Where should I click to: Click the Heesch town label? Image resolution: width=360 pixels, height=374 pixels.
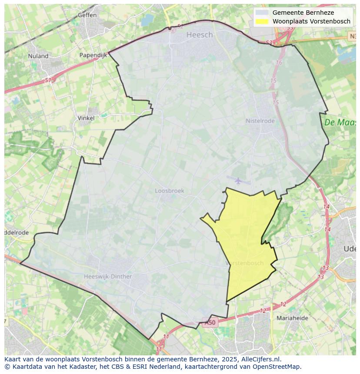click(200, 35)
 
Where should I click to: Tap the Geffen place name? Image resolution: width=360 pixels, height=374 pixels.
click(87, 15)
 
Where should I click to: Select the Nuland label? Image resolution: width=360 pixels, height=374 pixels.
click(38, 56)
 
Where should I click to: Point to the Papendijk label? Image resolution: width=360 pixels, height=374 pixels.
click(93, 55)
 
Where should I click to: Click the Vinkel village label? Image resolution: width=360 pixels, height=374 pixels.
click(86, 118)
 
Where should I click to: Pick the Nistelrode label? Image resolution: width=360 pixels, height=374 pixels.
click(260, 121)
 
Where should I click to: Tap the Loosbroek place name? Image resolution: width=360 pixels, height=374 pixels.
click(170, 191)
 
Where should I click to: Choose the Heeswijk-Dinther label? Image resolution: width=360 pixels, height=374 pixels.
click(108, 276)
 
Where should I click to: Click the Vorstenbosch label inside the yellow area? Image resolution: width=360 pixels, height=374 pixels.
click(245, 263)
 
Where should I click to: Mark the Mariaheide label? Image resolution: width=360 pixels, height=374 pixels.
click(292, 318)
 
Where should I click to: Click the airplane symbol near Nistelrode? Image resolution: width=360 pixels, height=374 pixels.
click(238, 180)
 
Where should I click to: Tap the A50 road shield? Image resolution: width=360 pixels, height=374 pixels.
click(210, 323)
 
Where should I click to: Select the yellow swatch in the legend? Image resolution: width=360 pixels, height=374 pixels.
click(262, 21)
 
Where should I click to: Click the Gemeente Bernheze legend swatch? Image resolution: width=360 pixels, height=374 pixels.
click(262, 13)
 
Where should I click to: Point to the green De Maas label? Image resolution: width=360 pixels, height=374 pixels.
click(340, 122)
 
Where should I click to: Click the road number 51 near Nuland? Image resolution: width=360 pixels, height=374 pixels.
click(48, 80)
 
